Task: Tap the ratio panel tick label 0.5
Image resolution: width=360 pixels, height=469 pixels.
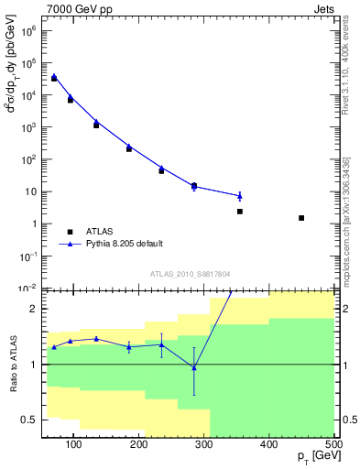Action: pos(28,420)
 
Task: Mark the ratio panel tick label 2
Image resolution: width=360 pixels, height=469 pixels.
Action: pos(33,310)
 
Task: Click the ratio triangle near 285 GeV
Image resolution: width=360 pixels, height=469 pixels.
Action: pos(193,367)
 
